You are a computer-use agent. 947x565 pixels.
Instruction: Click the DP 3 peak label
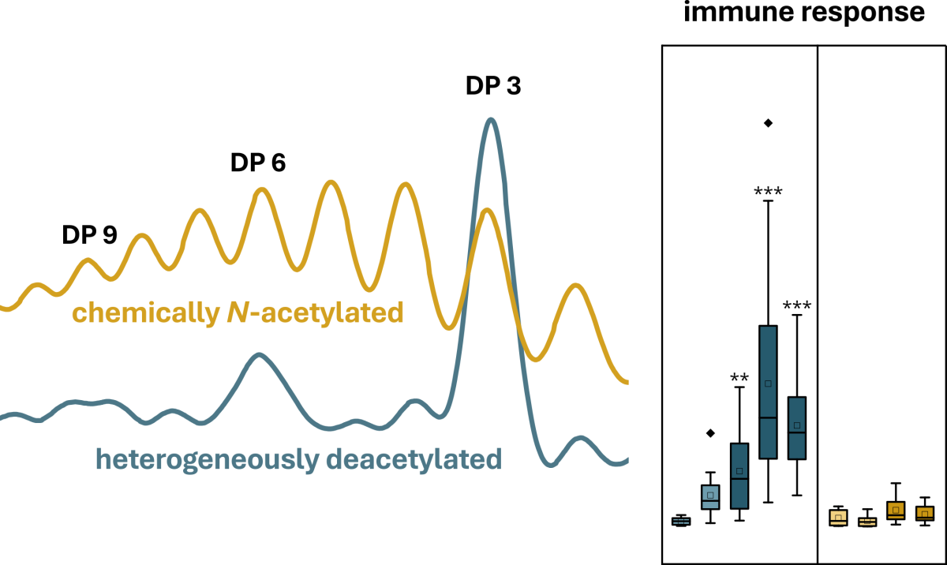click(x=492, y=87)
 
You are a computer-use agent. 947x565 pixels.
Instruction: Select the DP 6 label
click(x=258, y=163)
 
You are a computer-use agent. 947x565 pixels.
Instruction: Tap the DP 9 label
click(x=90, y=234)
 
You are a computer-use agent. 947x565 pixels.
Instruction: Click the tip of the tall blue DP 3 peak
click(x=491, y=120)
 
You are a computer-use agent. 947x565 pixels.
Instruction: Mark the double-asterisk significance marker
click(x=739, y=378)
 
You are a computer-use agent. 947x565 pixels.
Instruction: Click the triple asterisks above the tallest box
click(x=768, y=192)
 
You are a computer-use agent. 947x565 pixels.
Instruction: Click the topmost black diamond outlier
click(x=768, y=122)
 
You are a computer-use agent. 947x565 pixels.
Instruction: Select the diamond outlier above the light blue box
click(x=710, y=432)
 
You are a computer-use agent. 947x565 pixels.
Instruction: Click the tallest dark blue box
click(x=768, y=391)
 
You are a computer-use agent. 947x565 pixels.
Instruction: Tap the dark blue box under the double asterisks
click(x=739, y=476)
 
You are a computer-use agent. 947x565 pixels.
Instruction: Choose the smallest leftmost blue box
click(x=680, y=521)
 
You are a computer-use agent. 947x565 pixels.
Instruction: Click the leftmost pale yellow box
click(x=838, y=518)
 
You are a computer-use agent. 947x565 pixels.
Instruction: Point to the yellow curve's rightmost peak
click(x=576, y=286)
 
